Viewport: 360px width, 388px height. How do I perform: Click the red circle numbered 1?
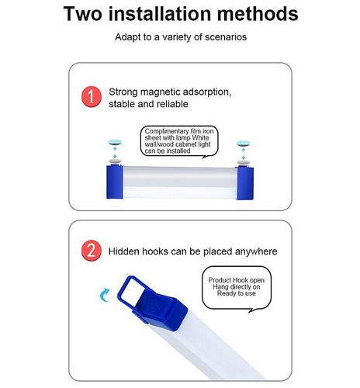pos(92,97)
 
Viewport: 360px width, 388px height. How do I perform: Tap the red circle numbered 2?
pos(92,251)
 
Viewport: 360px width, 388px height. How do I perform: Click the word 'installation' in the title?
pos(160,14)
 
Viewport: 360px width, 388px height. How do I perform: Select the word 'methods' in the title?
pos(258,14)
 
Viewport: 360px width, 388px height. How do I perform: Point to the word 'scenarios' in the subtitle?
pos(226,37)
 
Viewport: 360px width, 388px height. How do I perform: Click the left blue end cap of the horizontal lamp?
pos(115,182)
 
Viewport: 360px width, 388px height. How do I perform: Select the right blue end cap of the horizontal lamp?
pos(245,183)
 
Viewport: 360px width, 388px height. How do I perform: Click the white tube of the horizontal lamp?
pos(180,182)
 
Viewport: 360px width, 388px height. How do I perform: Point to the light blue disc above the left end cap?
pos(115,142)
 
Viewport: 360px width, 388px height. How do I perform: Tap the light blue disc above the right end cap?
pos(244,143)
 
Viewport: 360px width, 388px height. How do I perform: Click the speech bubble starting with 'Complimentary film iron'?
pos(179,141)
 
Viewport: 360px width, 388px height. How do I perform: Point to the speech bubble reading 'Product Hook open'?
pos(237,289)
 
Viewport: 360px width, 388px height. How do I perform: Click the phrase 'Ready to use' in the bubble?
pos(237,293)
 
